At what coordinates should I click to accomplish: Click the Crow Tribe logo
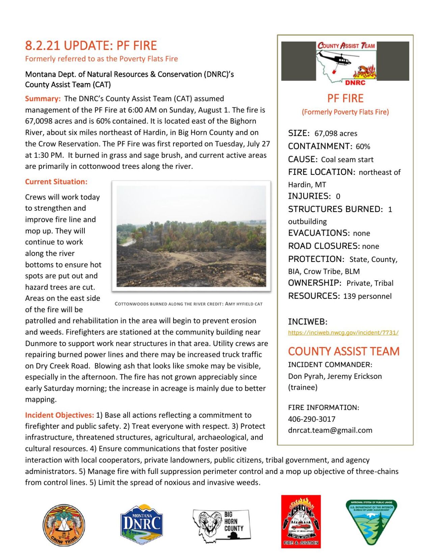(x=64, y=525)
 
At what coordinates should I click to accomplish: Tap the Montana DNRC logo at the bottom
(x=142, y=525)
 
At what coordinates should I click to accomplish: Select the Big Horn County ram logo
(x=221, y=526)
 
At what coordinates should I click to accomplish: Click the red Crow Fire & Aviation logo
(x=301, y=521)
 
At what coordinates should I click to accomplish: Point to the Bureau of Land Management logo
(x=371, y=522)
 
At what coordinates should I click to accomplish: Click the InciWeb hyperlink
(x=343, y=333)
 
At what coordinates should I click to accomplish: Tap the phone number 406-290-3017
(x=312, y=419)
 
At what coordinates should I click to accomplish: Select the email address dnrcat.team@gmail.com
(x=330, y=430)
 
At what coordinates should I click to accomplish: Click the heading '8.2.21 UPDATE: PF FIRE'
(x=91, y=46)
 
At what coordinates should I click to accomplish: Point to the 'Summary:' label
(x=43, y=99)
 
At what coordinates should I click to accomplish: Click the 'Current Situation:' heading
(x=56, y=182)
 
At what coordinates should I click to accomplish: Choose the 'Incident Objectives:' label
(x=59, y=415)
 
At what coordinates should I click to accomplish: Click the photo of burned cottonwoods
(x=191, y=236)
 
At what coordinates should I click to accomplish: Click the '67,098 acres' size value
(x=336, y=133)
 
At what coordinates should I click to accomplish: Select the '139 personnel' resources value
(x=367, y=296)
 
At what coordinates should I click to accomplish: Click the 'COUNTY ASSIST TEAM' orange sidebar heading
(x=344, y=351)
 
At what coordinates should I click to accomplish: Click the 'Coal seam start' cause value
(x=347, y=159)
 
